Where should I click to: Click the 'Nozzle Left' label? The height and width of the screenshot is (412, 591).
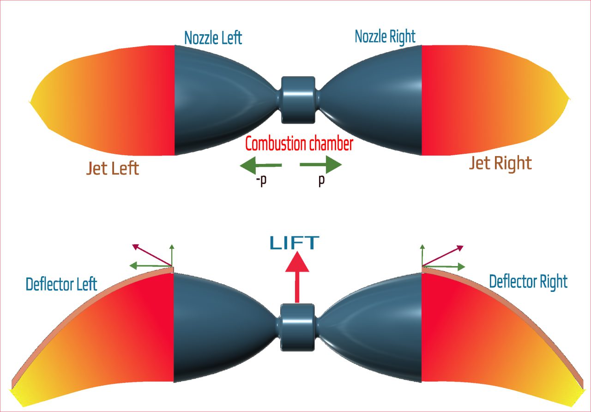(x=213, y=37)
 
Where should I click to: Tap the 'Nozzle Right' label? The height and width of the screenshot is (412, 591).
(x=385, y=36)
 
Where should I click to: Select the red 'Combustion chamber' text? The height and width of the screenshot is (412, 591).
(x=299, y=144)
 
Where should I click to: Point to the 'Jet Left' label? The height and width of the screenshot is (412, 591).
(x=113, y=168)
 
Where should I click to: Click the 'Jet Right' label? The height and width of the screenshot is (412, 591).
(x=500, y=163)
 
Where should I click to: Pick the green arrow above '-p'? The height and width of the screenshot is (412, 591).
(x=261, y=165)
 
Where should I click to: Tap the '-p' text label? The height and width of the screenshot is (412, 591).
(x=261, y=181)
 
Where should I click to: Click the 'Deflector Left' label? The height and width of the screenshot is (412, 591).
(x=61, y=284)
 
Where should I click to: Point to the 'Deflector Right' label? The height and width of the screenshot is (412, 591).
(x=528, y=281)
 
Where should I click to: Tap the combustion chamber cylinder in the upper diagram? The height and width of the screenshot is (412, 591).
(x=298, y=99)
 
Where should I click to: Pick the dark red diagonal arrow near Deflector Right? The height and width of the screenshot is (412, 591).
(x=443, y=255)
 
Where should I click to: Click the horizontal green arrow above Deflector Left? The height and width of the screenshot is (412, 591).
(x=150, y=266)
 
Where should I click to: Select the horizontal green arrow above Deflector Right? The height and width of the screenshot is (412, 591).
(x=443, y=266)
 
